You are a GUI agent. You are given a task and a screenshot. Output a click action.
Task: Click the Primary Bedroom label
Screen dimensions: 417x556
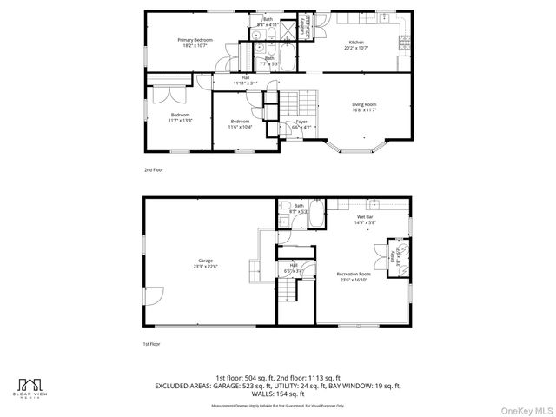pyautogui.click(x=195, y=42)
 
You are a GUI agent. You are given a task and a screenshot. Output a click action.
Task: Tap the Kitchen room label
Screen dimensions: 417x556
pyautogui.click(x=357, y=44)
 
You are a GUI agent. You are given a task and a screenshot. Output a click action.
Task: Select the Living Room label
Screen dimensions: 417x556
pyautogui.click(x=364, y=107)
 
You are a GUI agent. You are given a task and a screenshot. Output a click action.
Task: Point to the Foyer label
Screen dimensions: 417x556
pyautogui.click(x=301, y=124)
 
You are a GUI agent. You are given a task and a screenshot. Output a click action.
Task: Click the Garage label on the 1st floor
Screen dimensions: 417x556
pyautogui.click(x=206, y=264)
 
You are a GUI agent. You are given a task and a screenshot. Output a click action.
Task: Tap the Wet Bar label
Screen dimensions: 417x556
pyautogui.click(x=365, y=220)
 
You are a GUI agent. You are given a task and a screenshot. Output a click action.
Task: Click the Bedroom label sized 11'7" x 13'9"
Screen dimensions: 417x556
pyautogui.click(x=180, y=118)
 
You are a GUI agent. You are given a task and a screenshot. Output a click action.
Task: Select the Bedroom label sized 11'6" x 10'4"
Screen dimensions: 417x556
pyautogui.click(x=240, y=124)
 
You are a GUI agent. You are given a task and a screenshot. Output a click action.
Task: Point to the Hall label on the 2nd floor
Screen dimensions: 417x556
pyautogui.click(x=246, y=81)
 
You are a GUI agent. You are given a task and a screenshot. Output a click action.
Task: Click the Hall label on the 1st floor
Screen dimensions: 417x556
pyautogui.click(x=293, y=268)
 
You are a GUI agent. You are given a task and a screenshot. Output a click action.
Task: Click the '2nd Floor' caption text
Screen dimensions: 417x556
pyautogui.click(x=154, y=170)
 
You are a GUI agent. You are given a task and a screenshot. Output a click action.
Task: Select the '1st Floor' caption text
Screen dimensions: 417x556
pyautogui.click(x=153, y=345)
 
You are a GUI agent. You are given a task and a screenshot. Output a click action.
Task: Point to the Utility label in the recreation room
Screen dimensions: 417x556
pyautogui.click(x=393, y=258)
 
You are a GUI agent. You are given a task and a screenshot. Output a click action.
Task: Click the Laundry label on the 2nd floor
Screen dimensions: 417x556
pyautogui.click(x=302, y=26)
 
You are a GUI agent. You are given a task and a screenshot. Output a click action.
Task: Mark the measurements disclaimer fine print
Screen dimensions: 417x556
pyautogui.click(x=277, y=405)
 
